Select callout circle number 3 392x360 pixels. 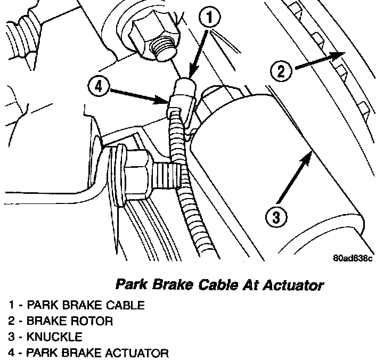pos(275,217)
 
